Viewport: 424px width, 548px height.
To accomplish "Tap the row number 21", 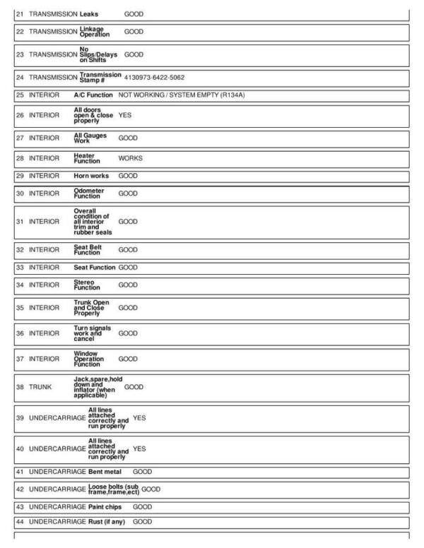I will pos(20,14).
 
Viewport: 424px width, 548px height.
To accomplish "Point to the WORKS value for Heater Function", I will pos(130,158).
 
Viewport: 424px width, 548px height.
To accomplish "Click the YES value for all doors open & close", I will pos(125,114).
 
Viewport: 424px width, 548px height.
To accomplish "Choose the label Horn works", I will pos(91,176).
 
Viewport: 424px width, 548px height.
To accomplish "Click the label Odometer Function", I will pos(89,193).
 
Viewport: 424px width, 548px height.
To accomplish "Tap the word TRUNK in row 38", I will pos(40,387).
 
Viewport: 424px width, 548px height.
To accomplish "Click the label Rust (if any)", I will pos(109,522).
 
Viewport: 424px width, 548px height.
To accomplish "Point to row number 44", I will pos(20,522).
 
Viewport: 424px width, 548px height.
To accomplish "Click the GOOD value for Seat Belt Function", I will pos(128,250).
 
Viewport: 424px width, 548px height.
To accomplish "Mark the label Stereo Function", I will pos(87,285).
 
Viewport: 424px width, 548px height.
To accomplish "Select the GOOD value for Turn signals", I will pos(128,333).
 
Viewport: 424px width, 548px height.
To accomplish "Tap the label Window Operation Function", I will pos(88,359).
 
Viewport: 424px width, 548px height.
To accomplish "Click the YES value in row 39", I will pos(139,418).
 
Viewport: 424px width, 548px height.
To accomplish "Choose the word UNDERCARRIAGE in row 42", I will pos(57,489).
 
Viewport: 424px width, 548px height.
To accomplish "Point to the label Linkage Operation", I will pos(95,32).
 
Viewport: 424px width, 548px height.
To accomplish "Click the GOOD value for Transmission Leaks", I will pos(134,14).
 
